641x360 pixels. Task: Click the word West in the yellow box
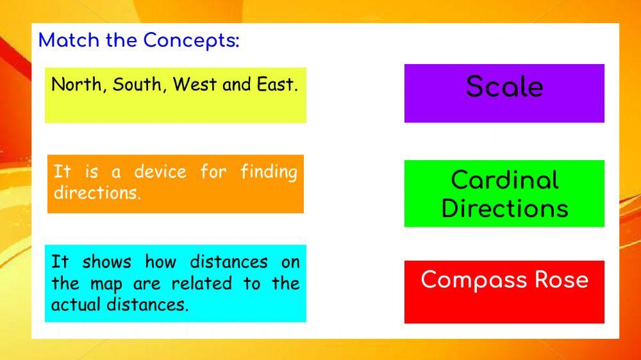[x=195, y=85]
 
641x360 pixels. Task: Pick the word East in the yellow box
[x=275, y=85]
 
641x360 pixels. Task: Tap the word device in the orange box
[x=160, y=172]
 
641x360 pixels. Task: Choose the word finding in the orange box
[x=269, y=172]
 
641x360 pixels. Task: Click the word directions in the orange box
[x=97, y=193]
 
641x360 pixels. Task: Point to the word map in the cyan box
[x=106, y=283]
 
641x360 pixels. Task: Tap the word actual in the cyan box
[x=76, y=304]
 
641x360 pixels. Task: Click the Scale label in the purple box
[x=504, y=86]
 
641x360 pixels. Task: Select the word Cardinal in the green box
[x=504, y=180]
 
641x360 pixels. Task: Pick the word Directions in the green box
[x=504, y=208]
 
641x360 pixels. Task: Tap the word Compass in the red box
[x=472, y=280]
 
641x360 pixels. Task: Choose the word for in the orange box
[x=213, y=172]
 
